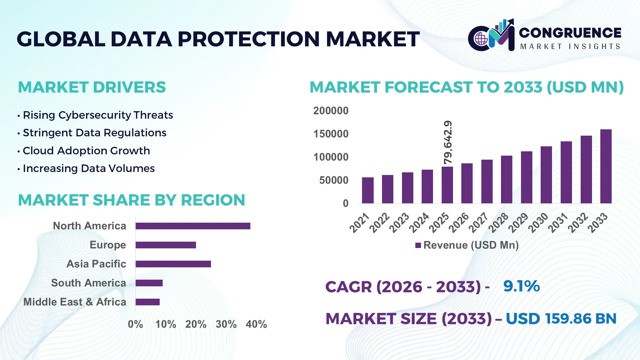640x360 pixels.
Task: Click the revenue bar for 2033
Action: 606,167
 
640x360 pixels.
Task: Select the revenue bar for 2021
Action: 368,190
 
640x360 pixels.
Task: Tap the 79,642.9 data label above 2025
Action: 448,142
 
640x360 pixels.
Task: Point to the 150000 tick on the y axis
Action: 331,134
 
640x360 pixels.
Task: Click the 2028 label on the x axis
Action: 498,223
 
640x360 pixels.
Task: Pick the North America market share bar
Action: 193,226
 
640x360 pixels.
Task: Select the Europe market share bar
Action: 166,245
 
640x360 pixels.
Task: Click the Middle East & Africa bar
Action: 147,302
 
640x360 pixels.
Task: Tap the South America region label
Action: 89,283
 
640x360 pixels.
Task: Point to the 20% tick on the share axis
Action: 196,324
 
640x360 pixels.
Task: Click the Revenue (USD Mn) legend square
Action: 418,246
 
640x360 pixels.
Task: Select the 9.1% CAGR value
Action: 521,286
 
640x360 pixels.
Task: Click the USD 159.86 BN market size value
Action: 561,319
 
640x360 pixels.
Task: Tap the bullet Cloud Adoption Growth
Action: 86,151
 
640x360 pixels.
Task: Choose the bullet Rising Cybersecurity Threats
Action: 98,115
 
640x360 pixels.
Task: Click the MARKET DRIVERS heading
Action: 92,87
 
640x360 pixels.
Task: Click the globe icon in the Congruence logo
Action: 481,39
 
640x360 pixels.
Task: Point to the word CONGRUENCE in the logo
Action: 570,33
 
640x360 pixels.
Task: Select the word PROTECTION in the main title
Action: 248,39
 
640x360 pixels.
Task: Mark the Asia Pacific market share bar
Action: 173,264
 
